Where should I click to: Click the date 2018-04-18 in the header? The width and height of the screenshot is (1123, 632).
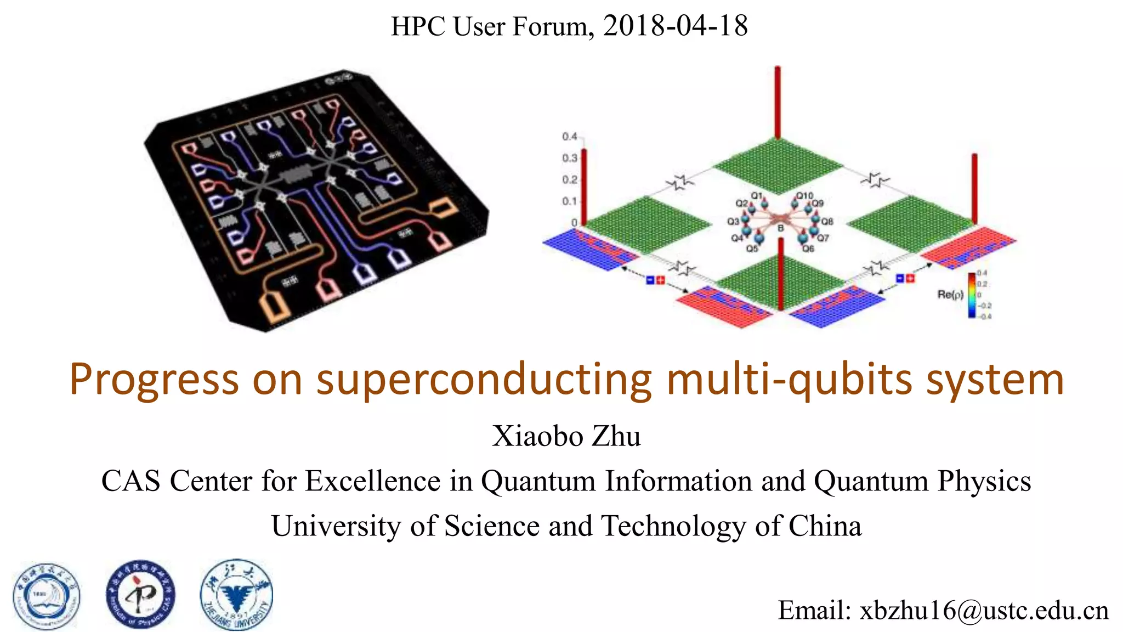pos(675,26)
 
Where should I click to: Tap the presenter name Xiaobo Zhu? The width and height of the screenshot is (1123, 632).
pos(566,436)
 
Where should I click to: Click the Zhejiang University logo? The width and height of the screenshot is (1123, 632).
pos(236,595)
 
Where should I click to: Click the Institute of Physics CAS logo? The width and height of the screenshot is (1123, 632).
pos(141,595)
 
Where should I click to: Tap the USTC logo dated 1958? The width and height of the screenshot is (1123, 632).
pos(47,596)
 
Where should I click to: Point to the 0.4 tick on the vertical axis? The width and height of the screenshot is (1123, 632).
pos(569,136)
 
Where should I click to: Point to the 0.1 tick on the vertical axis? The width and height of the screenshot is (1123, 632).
pos(569,201)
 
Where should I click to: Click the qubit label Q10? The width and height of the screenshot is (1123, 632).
pos(804,196)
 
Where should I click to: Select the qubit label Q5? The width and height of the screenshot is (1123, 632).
pos(752,249)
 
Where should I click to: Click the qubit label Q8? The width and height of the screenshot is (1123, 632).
pos(827,221)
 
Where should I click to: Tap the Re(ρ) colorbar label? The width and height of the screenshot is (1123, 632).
pos(950,295)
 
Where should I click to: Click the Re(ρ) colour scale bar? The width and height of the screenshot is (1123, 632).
pos(972,295)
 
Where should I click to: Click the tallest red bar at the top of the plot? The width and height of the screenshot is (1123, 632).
pos(777,102)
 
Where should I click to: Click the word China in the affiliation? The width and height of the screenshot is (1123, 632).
pos(825,526)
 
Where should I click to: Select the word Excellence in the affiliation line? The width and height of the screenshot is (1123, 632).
pos(372,481)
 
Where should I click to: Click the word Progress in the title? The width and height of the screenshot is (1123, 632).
pos(154,380)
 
